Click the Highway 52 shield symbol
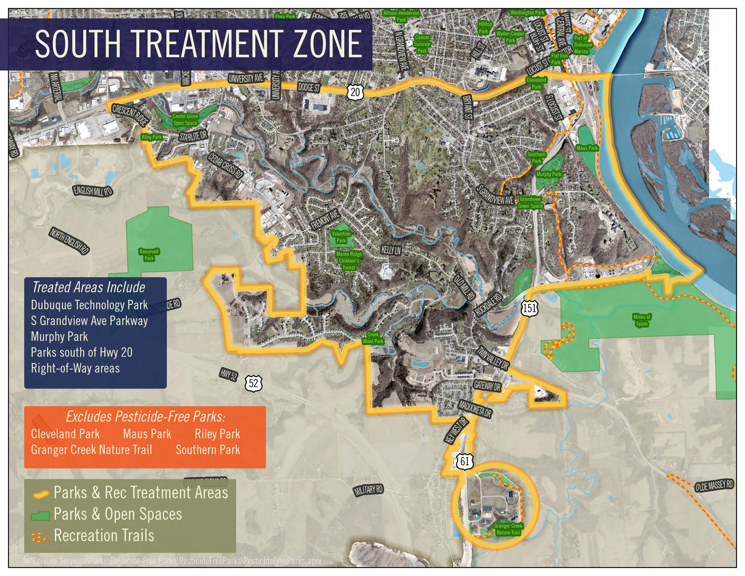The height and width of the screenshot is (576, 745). tap(254, 383)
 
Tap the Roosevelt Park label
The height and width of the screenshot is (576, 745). tap(149, 255)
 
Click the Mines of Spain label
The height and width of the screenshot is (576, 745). tap(642, 320)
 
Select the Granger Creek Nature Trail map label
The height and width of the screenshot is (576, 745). tap(508, 529)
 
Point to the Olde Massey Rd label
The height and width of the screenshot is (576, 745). tap(714, 486)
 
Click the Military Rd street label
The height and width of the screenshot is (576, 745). tap(368, 491)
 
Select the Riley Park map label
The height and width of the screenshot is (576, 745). tap(152, 137)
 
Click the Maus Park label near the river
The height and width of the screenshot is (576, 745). tap(587, 148)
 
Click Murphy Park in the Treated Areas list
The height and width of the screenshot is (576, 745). tap(59, 337)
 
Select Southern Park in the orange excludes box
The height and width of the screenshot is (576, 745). tap(208, 450)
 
